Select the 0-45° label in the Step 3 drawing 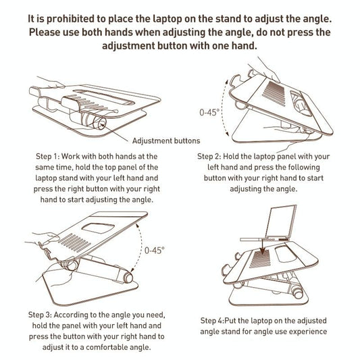click(155, 250)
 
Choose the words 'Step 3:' click(45, 315)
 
